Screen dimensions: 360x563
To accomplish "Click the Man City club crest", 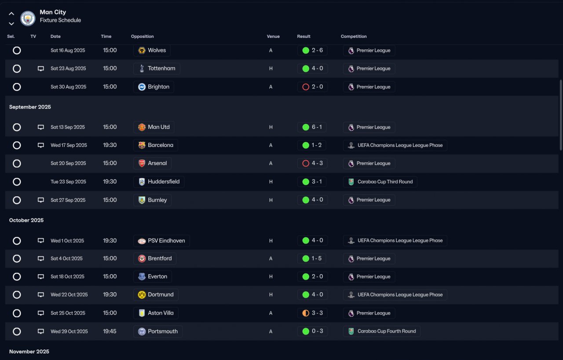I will (28, 18).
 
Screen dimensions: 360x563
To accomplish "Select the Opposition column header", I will (142, 37).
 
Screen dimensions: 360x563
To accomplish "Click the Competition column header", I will (354, 37).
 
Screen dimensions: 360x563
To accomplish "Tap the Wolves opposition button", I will (152, 51).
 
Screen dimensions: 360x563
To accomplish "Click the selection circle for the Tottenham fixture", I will (17, 69).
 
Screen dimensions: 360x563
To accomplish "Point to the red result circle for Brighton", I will (306, 87).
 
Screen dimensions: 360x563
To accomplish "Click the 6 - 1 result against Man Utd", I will (317, 127).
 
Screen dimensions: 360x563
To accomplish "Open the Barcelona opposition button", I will (155, 145).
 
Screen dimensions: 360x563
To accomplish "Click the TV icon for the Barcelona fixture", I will (41, 145).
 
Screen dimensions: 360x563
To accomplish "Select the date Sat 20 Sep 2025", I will (68, 163).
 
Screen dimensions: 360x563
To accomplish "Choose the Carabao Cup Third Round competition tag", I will (380, 182).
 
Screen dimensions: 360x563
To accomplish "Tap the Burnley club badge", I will (142, 200).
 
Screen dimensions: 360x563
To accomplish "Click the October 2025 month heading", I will (26, 220).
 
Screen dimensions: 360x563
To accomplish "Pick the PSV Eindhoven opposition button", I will (161, 241).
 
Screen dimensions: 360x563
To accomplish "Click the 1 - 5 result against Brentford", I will (317, 258).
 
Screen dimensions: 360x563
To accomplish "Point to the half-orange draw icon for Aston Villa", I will (306, 313).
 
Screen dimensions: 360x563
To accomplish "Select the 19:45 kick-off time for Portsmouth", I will (110, 331).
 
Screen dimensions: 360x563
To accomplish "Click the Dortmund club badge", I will (142, 295).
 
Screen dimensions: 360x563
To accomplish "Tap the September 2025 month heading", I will (30, 107).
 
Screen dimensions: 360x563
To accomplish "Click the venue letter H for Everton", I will (271, 277).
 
